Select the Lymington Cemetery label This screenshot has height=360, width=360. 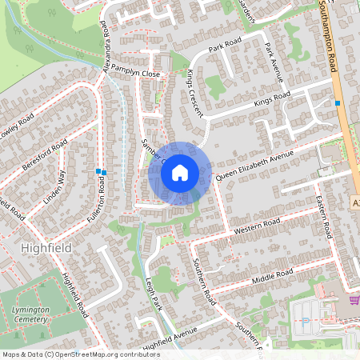coord(30,314)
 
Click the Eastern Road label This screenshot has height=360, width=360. coord(323,217)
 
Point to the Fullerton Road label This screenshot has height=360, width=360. coord(102,200)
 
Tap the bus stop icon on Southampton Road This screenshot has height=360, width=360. coord(338,103)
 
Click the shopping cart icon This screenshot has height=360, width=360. coord(353,300)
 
